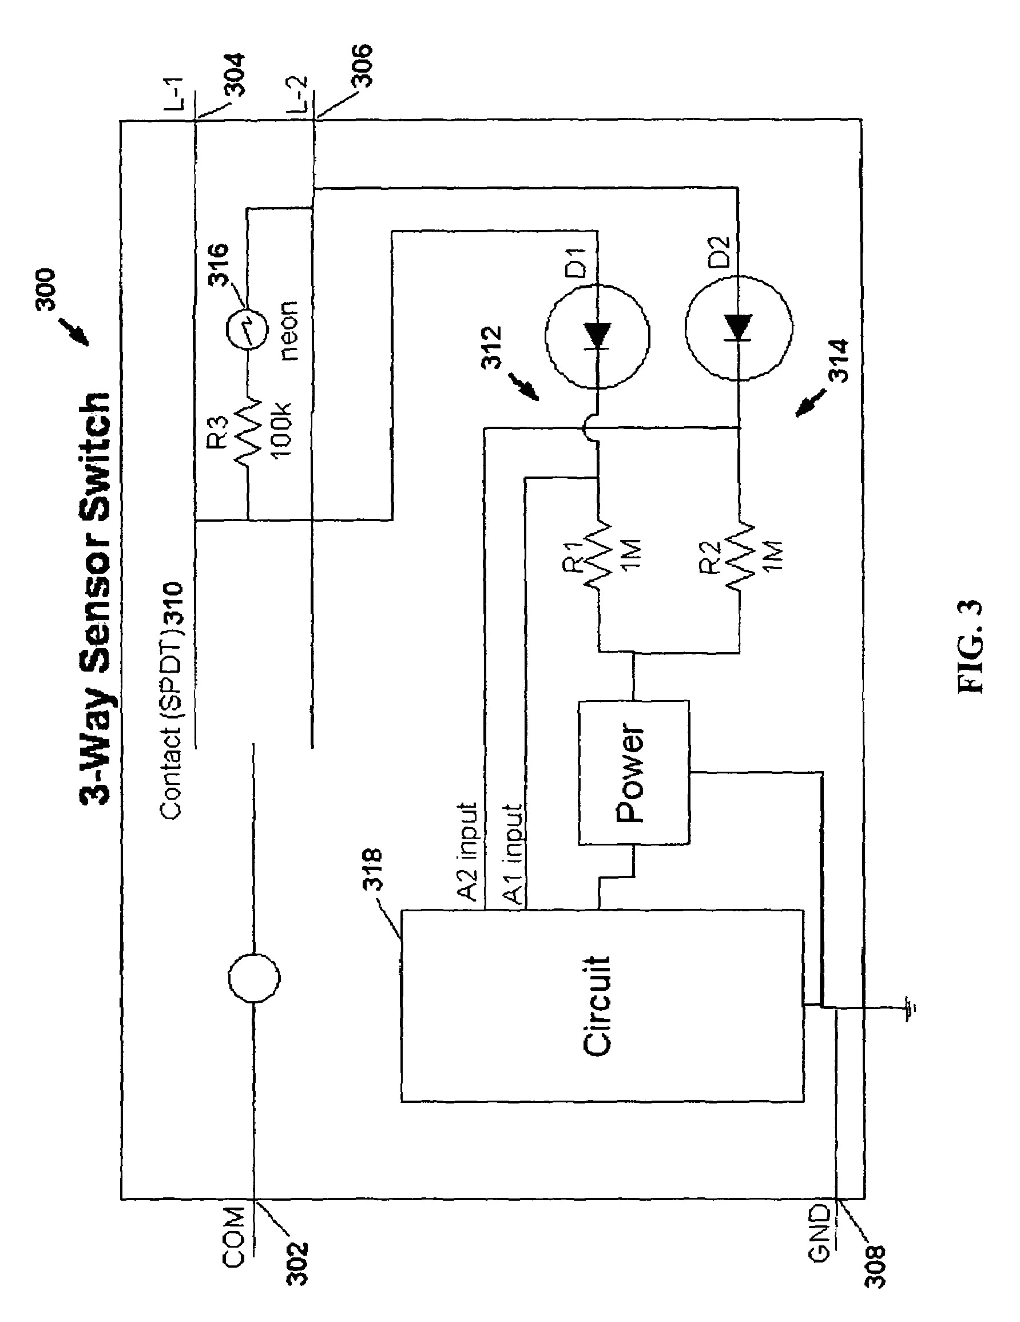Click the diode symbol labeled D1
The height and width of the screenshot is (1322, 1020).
coord(598,335)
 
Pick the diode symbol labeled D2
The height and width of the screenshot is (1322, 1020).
coord(739,327)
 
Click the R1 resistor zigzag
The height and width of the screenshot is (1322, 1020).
coord(598,554)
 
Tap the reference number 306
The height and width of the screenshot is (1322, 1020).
coord(361,66)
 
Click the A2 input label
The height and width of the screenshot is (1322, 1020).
coord(469,853)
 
